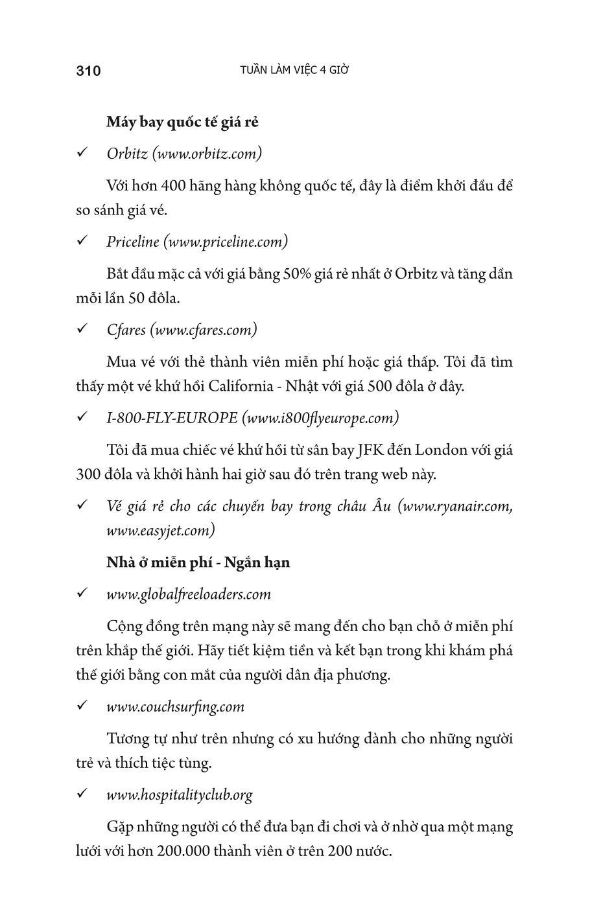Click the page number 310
pyautogui.click(x=88, y=71)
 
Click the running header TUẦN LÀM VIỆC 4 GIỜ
pyautogui.click(x=294, y=70)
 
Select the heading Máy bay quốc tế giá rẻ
pyautogui.click(x=182, y=122)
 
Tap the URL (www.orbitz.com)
pyautogui.click(x=207, y=154)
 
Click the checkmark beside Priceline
pyautogui.click(x=82, y=241)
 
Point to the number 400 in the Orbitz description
pyautogui.click(x=174, y=186)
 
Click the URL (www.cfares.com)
pyautogui.click(x=204, y=330)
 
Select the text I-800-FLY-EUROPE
pyautogui.click(x=172, y=418)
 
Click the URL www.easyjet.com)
pyautogui.click(x=161, y=530)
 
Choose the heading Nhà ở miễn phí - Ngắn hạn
pyautogui.click(x=198, y=562)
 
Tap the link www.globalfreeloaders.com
pyautogui.click(x=189, y=594)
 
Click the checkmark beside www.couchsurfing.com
pyautogui.click(x=82, y=706)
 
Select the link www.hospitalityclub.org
pyautogui.click(x=180, y=794)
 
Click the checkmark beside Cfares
pyautogui.click(x=82, y=329)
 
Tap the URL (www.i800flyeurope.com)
pyautogui.click(x=320, y=418)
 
